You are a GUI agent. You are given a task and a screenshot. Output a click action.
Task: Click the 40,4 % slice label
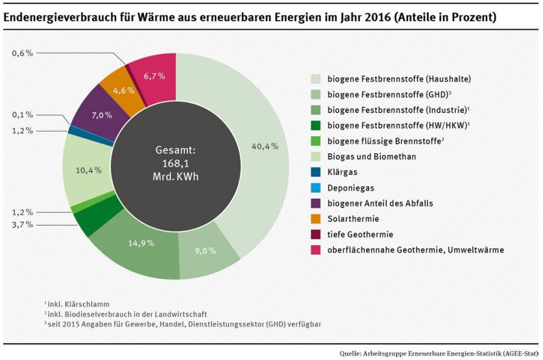coord(266,147)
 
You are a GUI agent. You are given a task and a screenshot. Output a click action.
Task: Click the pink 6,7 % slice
coord(154,77)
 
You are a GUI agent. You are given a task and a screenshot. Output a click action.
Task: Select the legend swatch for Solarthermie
coord(316,219)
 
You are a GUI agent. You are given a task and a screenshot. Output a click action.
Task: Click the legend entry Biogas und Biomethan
coord(372,157)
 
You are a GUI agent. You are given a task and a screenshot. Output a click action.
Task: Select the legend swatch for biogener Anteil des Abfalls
coord(316,203)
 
